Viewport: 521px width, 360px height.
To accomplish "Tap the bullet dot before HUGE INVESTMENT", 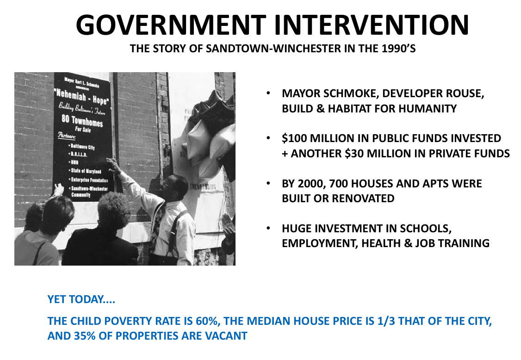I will [x=268, y=229].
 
